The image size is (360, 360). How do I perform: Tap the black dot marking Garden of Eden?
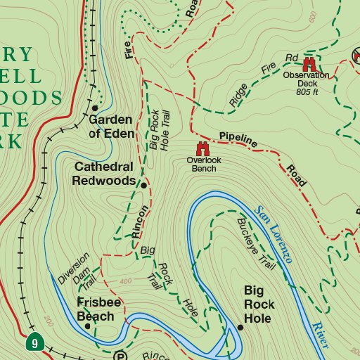pyautogui.click(x=95, y=108)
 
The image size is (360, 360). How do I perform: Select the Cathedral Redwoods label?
pyautogui.click(x=103, y=174)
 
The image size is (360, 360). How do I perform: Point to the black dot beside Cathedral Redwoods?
pyautogui.click(x=143, y=186)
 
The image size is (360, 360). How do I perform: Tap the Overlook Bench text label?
pyautogui.click(x=203, y=165)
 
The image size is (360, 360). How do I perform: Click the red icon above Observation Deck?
pyautogui.click(x=308, y=63)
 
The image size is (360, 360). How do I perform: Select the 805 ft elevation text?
pyautogui.click(x=307, y=91)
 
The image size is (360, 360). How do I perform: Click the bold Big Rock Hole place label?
pyautogui.click(x=259, y=297)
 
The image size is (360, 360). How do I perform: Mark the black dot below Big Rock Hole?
pyautogui.click(x=240, y=327)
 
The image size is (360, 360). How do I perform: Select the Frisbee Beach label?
pyautogui.click(x=95, y=310)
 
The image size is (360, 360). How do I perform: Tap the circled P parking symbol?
pyautogui.click(x=119, y=356)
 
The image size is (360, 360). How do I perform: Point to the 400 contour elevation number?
pyautogui.click(x=125, y=282)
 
